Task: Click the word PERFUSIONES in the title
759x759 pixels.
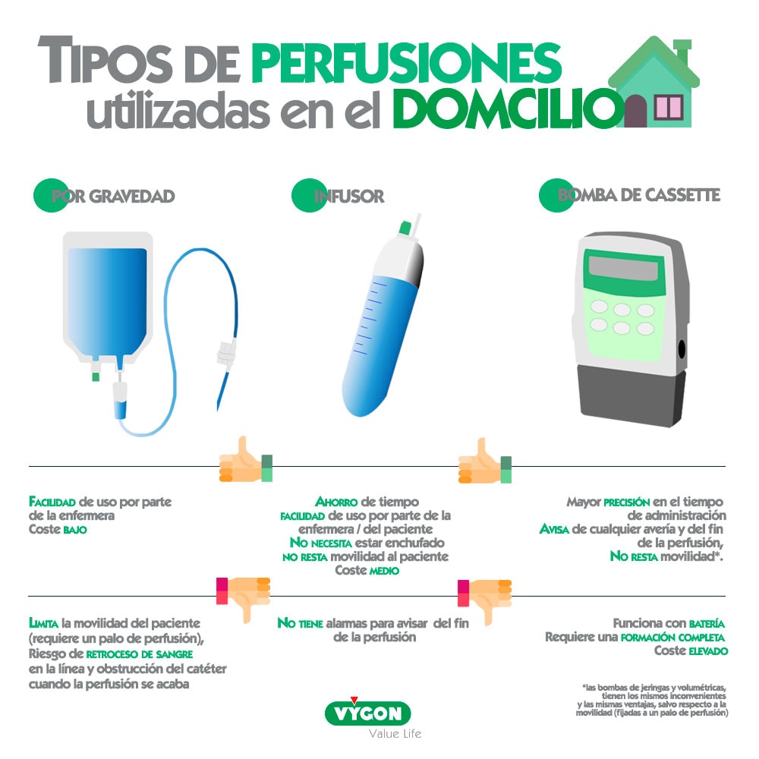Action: (x=406, y=62)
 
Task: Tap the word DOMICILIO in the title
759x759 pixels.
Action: (x=509, y=109)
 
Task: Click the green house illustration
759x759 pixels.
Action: (x=654, y=81)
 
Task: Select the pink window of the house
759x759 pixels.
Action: (x=669, y=108)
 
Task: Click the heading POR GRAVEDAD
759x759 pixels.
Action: (x=112, y=196)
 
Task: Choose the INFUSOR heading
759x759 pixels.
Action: (x=348, y=196)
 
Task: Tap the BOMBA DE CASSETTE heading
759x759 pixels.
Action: (x=639, y=194)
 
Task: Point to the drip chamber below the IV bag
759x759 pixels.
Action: (x=120, y=400)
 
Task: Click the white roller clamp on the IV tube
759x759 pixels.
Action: (x=227, y=352)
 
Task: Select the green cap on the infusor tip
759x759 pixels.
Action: (x=405, y=228)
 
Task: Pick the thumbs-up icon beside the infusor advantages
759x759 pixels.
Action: (x=484, y=461)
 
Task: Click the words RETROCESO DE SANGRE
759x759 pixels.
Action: (x=140, y=654)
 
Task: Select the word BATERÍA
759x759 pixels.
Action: (x=707, y=623)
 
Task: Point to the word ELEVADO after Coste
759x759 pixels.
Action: (x=709, y=651)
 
